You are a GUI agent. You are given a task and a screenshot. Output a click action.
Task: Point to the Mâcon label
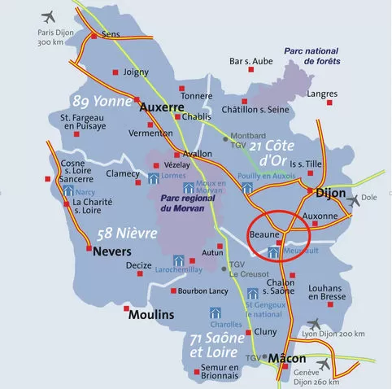287,358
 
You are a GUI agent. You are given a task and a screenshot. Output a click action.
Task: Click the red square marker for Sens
94,37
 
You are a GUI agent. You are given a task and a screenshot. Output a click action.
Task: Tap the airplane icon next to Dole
352,199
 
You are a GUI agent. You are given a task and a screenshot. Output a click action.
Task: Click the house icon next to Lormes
155,177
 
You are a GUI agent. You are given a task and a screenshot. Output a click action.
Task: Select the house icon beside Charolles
216,313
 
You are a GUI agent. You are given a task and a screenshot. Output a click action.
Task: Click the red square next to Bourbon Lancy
173,291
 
